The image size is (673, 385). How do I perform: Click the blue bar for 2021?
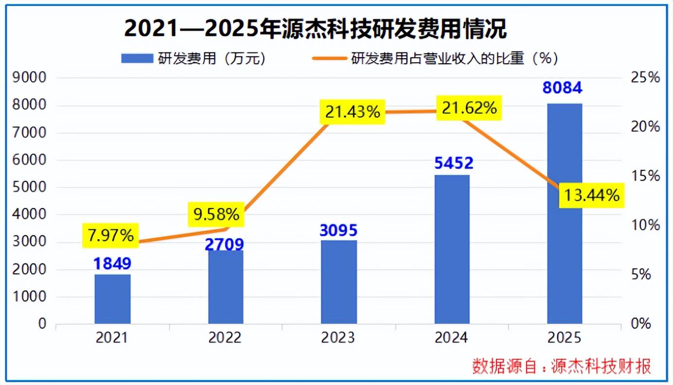click(112, 299)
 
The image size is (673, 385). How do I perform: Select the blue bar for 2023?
click(339, 282)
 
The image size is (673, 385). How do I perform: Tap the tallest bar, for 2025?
click(565, 213)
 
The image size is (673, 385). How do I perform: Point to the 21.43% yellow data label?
click(353, 111)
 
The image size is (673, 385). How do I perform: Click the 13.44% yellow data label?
click(591, 195)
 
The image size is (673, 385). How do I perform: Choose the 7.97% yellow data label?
click(111, 236)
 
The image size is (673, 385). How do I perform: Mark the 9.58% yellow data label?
click(215, 214)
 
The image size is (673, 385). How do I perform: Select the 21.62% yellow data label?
click(469, 108)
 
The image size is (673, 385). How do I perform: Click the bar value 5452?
click(454, 163)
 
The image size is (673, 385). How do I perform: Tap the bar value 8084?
click(563, 88)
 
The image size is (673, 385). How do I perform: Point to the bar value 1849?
click(112, 263)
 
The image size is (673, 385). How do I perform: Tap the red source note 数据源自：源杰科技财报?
click(561, 366)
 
